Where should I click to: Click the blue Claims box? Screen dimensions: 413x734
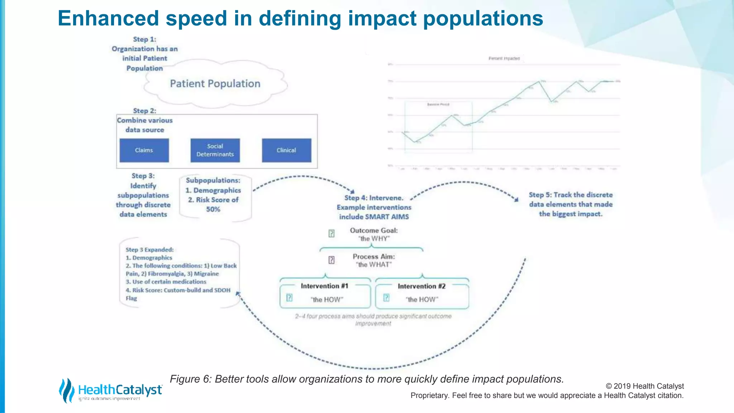(x=144, y=150)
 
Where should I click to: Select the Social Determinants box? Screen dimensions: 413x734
(x=215, y=150)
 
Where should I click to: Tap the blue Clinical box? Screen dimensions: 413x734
(x=286, y=150)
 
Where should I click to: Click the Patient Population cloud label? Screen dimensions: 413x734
(x=215, y=84)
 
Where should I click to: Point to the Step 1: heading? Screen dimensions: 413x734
(x=144, y=39)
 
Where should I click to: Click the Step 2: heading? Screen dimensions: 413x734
(x=144, y=111)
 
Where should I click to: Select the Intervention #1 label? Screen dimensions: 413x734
(x=324, y=286)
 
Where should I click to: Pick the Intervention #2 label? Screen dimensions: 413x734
(x=421, y=286)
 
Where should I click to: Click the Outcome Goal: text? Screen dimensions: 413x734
(x=374, y=231)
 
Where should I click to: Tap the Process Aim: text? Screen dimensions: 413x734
(x=374, y=257)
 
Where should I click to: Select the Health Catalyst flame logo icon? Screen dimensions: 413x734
(x=67, y=390)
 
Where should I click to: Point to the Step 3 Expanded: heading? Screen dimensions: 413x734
(x=149, y=250)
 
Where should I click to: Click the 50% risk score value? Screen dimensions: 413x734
(x=213, y=209)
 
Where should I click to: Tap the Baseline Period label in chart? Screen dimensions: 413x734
(x=438, y=104)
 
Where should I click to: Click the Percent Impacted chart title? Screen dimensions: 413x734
(x=504, y=58)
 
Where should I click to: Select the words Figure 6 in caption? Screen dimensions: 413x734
(x=190, y=379)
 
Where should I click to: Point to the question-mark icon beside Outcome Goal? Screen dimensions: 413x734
(x=332, y=234)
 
